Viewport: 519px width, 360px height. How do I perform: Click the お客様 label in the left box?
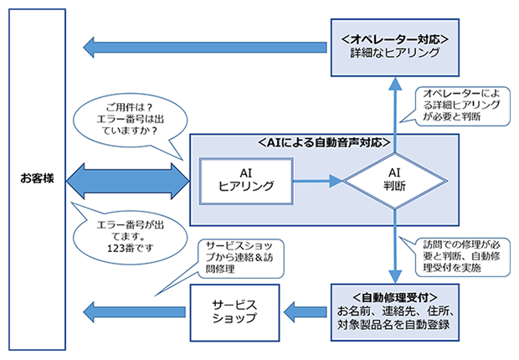[x=38, y=179]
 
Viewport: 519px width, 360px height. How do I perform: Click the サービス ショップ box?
[x=234, y=310]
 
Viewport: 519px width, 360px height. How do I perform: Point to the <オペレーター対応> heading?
[x=395, y=39]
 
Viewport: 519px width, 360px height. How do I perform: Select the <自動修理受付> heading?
[x=393, y=296]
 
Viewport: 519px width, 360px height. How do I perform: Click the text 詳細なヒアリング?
[x=395, y=53]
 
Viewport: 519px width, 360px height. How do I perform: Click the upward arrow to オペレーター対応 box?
[x=393, y=109]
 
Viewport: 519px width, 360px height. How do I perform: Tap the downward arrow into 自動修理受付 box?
[x=393, y=251]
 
